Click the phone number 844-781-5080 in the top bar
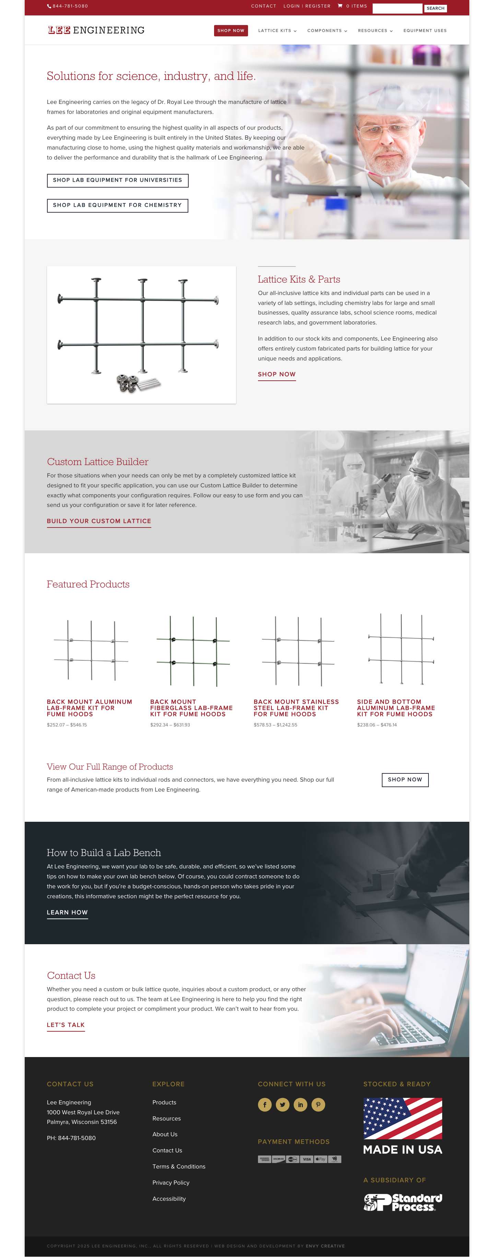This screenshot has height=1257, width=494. tap(70, 6)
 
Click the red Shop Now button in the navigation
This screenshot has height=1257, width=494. tap(231, 31)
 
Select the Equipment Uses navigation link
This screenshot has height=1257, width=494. tap(424, 31)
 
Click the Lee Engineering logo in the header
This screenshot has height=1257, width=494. tap(96, 30)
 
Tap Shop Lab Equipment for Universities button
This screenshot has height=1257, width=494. tap(117, 180)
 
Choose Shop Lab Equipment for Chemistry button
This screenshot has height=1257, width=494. tap(117, 205)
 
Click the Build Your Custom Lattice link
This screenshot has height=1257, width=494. tap(98, 521)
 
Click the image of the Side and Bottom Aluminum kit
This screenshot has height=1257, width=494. tap(400, 649)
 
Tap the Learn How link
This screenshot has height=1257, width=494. tap(67, 912)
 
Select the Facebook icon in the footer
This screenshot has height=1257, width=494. tap(264, 1104)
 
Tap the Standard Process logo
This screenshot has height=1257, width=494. tap(402, 1202)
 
